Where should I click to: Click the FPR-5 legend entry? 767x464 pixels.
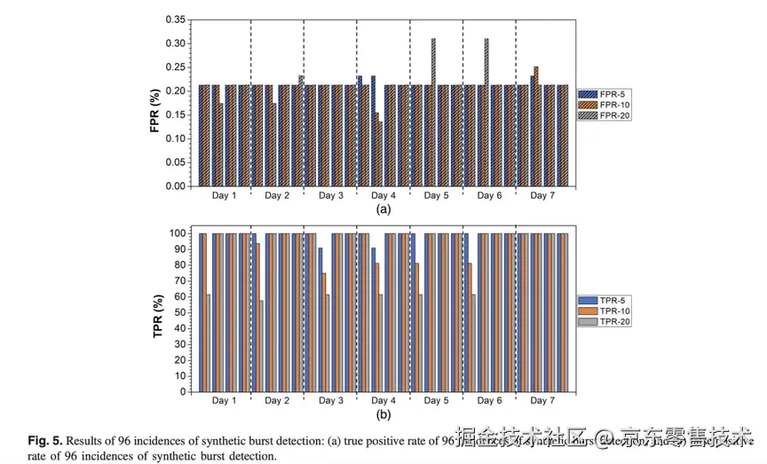click(605, 93)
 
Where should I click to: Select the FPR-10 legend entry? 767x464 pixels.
click(605, 104)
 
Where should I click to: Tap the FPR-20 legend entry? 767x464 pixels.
click(605, 114)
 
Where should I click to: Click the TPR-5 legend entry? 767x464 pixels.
click(605, 301)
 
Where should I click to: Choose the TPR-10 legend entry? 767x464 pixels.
click(605, 311)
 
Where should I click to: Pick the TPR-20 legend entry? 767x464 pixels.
click(605, 322)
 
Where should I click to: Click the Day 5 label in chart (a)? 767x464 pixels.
click(435, 195)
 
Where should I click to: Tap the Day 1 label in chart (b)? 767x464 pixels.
click(224, 401)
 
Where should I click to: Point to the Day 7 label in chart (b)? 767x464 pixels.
click(542, 401)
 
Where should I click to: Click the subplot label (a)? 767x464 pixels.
click(383, 209)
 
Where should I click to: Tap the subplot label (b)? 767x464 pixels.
click(383, 414)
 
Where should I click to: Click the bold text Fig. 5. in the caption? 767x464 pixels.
click(44, 441)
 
